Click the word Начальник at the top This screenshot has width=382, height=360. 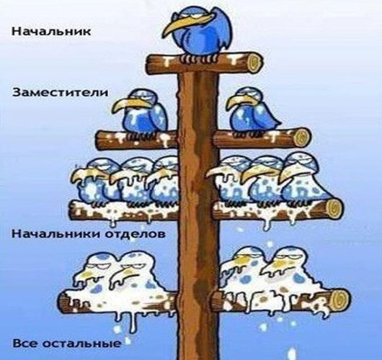[x=51, y=32]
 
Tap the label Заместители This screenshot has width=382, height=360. [x=60, y=92]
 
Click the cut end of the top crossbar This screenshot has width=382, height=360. [x=255, y=63]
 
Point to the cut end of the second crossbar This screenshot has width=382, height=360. [x=302, y=138]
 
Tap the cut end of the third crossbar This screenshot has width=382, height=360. [x=334, y=209]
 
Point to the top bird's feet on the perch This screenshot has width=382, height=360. [x=198, y=58]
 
